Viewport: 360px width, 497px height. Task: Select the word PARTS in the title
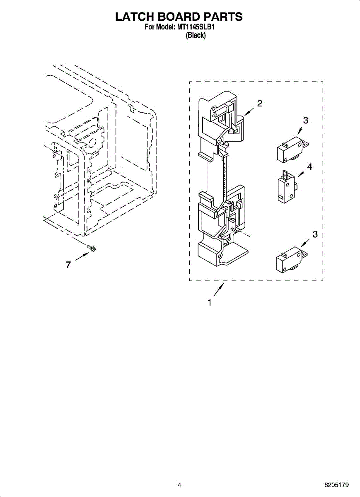click(222, 17)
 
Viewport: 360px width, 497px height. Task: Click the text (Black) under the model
click(196, 36)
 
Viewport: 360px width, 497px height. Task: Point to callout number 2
click(260, 104)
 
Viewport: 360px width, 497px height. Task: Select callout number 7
click(68, 265)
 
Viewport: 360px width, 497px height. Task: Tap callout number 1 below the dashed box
click(210, 303)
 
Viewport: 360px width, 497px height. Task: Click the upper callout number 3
click(305, 121)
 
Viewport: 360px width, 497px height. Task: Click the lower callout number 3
click(315, 234)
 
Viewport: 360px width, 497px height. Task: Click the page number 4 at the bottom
click(179, 485)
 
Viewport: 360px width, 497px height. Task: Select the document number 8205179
click(337, 485)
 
